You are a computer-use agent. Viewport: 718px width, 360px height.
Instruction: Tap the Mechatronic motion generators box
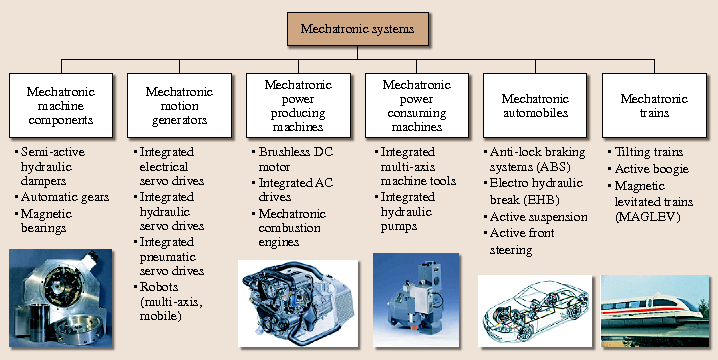(179, 106)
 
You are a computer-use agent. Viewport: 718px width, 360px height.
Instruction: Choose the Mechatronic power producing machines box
(298, 106)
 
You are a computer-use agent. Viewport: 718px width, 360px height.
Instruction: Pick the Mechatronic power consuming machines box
(417, 106)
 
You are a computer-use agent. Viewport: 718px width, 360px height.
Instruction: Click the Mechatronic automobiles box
(536, 106)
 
